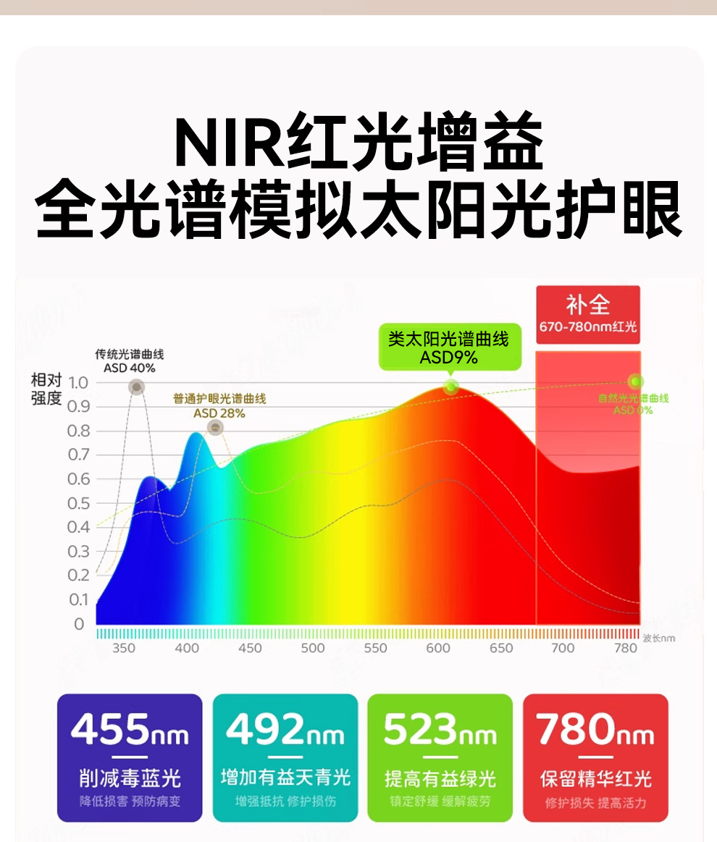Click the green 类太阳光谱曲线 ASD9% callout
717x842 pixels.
click(448, 347)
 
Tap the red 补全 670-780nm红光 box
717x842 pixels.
click(587, 313)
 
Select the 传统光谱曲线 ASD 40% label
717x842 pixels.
click(130, 361)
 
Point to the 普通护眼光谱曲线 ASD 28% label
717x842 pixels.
click(219, 406)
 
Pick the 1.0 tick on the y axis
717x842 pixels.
click(77, 382)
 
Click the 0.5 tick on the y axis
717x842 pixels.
click(77, 503)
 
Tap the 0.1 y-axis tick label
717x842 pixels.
click(77, 599)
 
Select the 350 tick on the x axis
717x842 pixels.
click(124, 648)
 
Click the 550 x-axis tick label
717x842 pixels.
click(375, 648)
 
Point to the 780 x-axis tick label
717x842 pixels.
click(626, 648)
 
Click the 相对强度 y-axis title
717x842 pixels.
click(46, 390)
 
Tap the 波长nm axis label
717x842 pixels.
click(658, 638)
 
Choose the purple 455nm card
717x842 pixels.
click(130, 757)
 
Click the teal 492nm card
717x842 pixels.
click(285, 757)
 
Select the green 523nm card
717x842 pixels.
click(440, 757)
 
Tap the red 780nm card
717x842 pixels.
click(595, 757)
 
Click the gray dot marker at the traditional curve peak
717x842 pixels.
click(136, 387)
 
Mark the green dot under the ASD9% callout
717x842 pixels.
click(450, 387)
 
